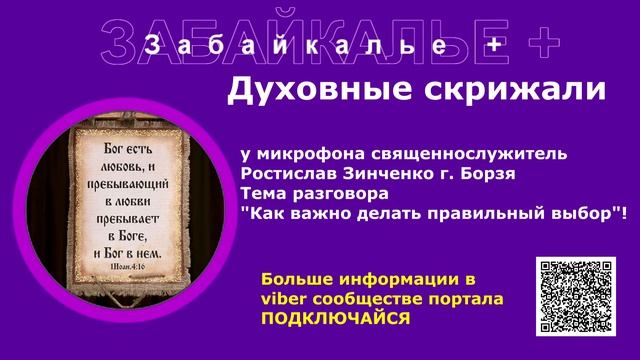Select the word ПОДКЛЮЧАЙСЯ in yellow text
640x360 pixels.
pyautogui.click(x=335, y=317)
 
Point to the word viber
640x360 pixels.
pyautogui.click(x=283, y=298)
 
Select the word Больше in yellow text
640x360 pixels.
pyautogui.click(x=295, y=279)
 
